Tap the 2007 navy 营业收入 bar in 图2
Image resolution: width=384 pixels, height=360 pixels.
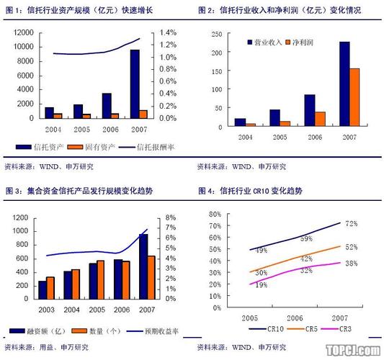coord(344,84)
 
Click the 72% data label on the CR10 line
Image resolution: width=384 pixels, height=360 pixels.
coord(351,224)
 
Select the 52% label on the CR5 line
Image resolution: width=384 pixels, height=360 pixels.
coord(351,247)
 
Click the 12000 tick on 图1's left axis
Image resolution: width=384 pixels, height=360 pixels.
coord(22,33)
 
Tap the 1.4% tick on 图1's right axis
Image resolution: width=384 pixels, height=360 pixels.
coord(168,33)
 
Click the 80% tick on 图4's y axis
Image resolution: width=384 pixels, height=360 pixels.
coord(213,215)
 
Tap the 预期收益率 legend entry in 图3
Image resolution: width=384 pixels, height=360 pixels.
coord(156,332)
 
